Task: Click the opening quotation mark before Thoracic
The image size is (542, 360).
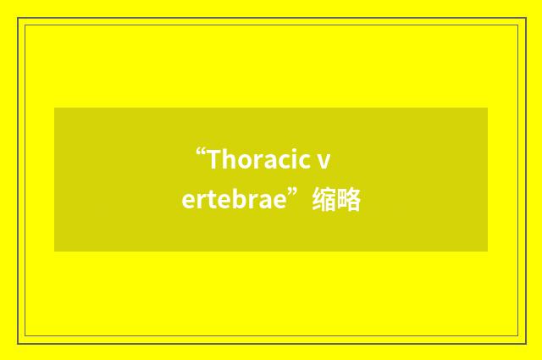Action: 200,153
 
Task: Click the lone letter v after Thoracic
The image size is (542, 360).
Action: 324,161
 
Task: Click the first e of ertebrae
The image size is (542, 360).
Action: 187,202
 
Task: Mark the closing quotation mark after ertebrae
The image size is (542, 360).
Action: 291,195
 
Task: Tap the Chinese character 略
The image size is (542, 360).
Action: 350,201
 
